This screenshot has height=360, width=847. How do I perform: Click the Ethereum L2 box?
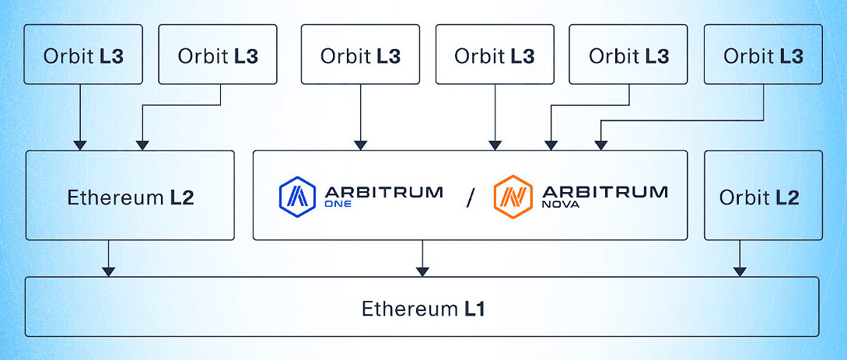[x=130, y=195]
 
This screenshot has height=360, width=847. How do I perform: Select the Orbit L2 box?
[x=763, y=195]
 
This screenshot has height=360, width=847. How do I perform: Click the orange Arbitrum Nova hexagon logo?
[x=512, y=195]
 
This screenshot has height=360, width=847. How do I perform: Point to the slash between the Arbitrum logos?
[x=469, y=197]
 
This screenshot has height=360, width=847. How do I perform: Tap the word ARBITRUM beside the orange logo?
[x=603, y=190]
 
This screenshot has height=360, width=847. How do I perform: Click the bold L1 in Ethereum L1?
[x=474, y=309]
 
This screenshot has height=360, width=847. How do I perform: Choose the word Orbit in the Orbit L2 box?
[x=742, y=197]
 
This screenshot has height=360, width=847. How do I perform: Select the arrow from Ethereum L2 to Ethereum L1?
[x=109, y=257]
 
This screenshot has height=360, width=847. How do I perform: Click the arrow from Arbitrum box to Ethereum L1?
[x=422, y=257]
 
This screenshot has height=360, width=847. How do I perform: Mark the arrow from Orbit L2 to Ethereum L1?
[x=739, y=257]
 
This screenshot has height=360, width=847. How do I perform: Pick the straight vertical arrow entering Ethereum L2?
[x=80, y=117]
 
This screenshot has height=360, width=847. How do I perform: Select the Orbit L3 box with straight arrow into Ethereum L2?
[x=83, y=54]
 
